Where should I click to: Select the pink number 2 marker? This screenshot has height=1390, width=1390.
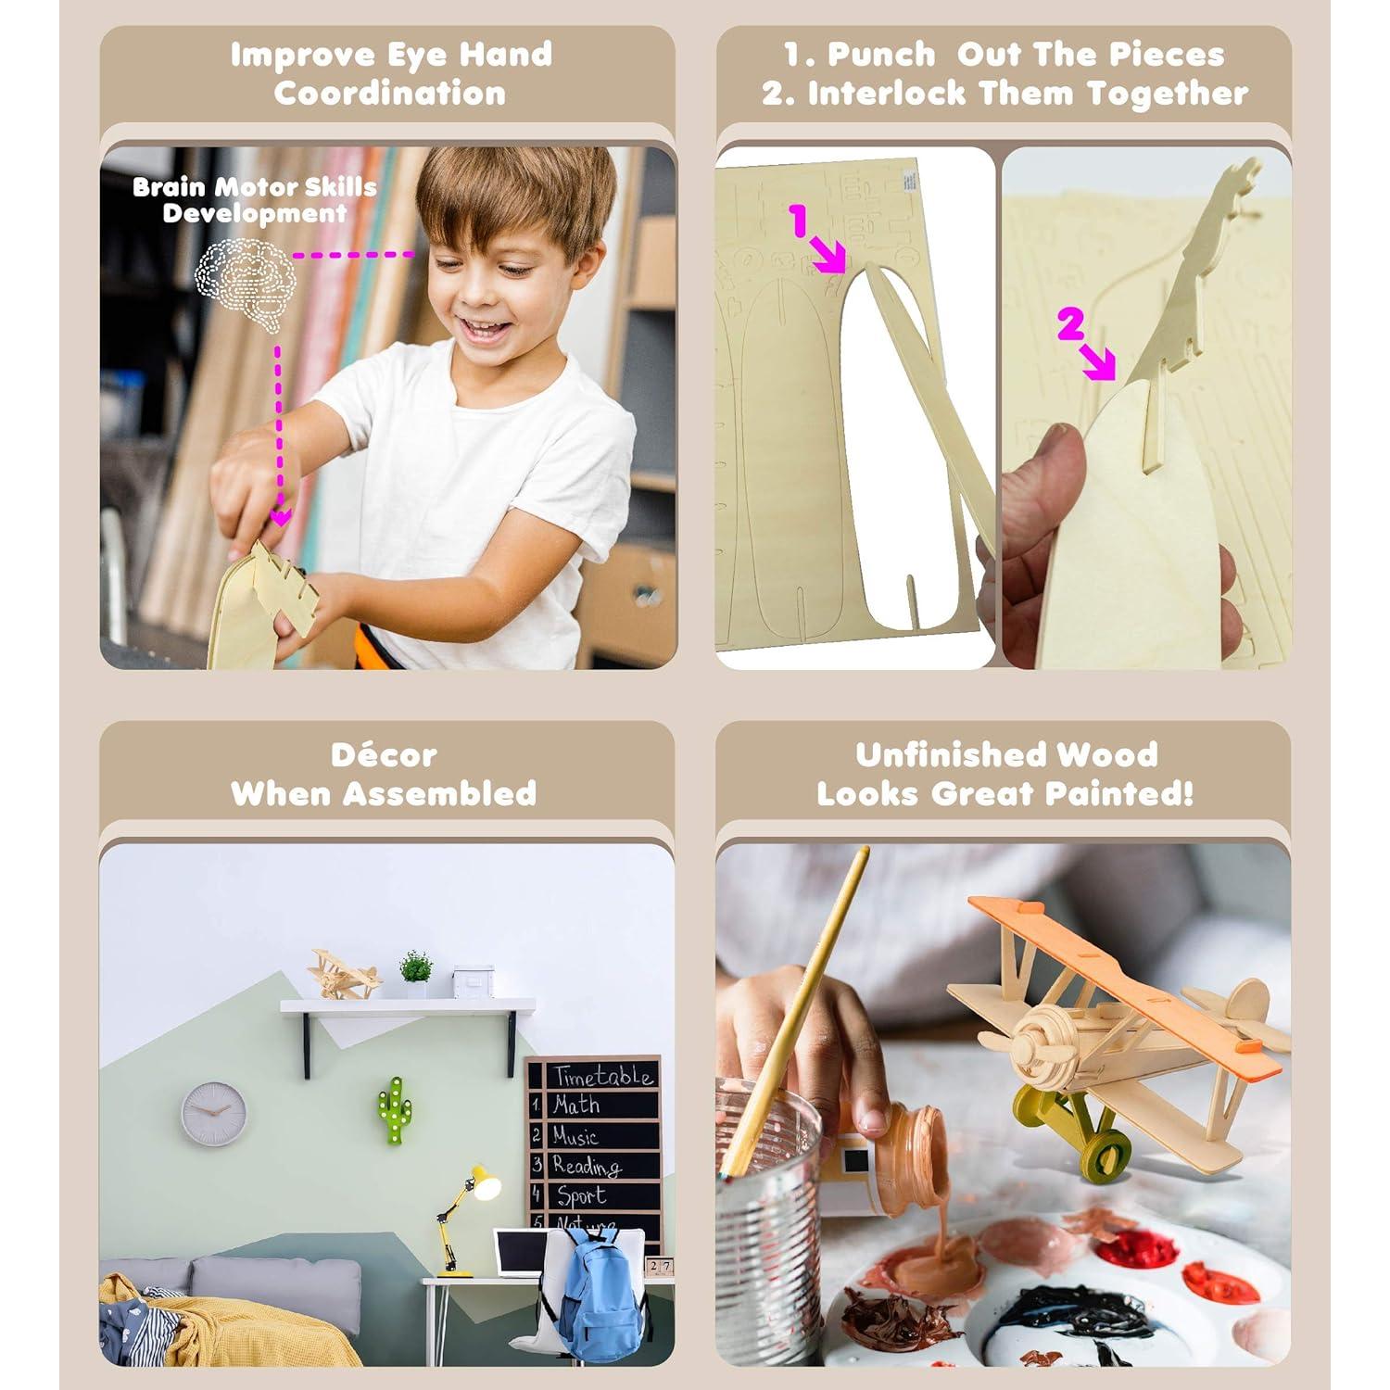click(1070, 326)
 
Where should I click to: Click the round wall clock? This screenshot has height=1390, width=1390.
click(214, 1113)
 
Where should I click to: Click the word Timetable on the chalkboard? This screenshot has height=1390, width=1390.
click(603, 1075)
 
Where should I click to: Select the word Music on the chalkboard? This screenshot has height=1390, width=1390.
click(575, 1135)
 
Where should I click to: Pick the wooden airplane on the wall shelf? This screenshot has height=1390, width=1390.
click(344, 974)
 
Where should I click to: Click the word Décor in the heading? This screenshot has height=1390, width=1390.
click(384, 755)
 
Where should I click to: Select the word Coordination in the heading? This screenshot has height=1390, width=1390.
click(389, 94)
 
